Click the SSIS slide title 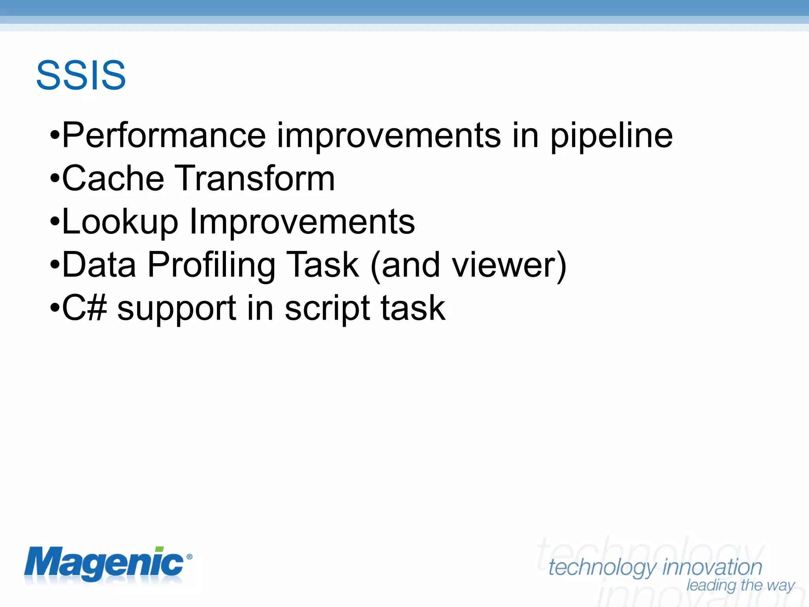(81, 75)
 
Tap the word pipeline (611, 136)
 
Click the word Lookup (120, 222)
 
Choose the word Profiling (211, 266)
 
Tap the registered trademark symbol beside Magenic (189, 557)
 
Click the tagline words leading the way (740, 585)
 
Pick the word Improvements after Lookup (302, 222)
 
